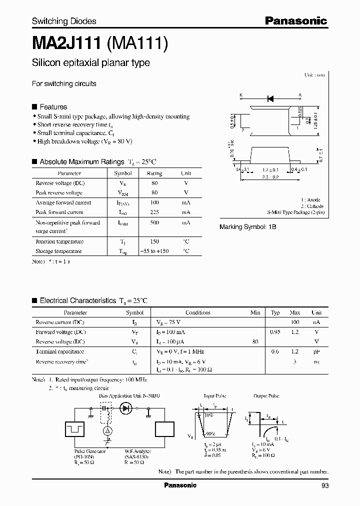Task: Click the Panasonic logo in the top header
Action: click(x=295, y=21)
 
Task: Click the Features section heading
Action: click(x=53, y=107)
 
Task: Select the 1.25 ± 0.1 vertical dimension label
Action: click(x=316, y=120)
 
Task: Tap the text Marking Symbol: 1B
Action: click(x=248, y=227)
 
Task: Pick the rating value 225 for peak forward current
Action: click(x=154, y=212)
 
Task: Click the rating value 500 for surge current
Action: click(x=154, y=222)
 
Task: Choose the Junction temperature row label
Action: click(x=59, y=241)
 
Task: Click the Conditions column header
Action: click(x=198, y=312)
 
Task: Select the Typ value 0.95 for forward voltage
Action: click(x=275, y=332)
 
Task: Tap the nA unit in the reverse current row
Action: click(x=316, y=322)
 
